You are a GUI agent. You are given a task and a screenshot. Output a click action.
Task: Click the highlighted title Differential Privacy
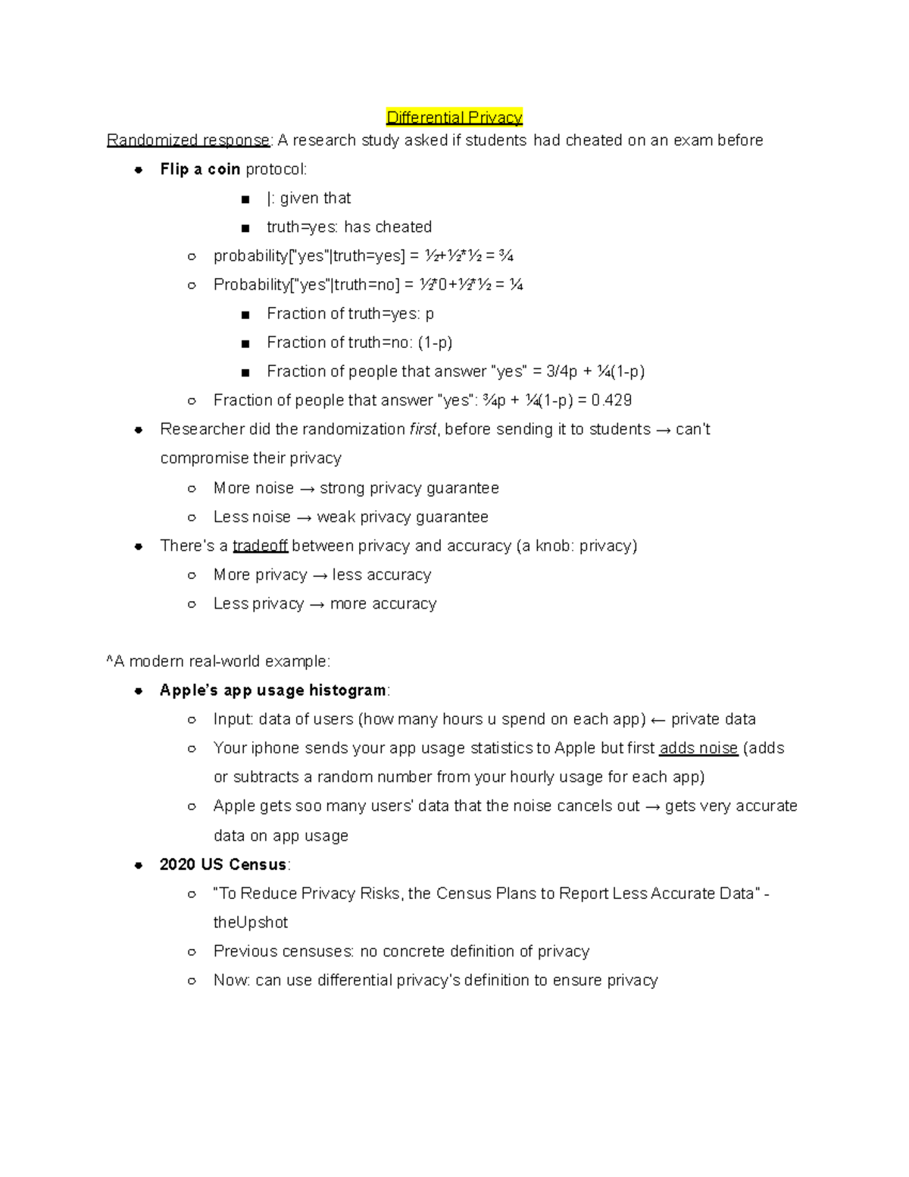click(454, 117)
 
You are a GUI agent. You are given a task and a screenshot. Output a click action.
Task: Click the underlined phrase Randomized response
click(188, 140)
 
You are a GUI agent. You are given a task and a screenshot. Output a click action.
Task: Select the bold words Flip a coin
click(200, 169)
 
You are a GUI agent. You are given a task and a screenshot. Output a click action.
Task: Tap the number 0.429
click(611, 400)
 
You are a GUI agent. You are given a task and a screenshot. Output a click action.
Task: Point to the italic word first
click(423, 429)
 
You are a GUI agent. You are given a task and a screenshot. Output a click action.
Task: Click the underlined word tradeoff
click(260, 546)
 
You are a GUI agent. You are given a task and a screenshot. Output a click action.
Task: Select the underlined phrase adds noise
click(698, 748)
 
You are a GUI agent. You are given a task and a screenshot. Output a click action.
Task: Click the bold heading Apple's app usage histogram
click(273, 690)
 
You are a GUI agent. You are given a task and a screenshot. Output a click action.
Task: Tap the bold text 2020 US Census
click(223, 865)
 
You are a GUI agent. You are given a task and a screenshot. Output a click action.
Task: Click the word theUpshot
click(251, 922)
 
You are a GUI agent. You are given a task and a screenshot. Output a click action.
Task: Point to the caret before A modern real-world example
click(110, 661)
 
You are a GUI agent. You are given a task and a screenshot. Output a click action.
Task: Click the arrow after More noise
click(307, 489)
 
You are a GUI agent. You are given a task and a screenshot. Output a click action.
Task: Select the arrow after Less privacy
click(317, 605)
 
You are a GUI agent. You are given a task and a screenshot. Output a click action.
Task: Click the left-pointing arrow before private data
click(658, 720)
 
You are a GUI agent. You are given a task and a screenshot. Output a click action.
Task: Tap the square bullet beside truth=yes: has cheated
click(245, 227)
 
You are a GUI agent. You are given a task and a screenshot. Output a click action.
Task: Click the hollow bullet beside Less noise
click(192, 518)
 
